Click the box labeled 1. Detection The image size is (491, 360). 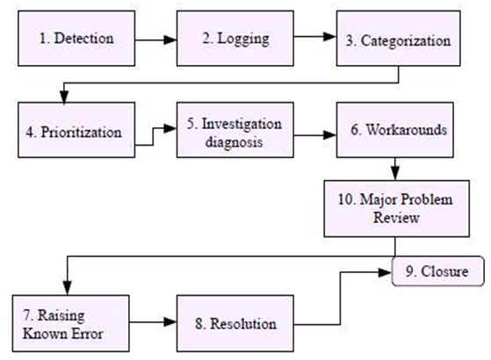point(76,38)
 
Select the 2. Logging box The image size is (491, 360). point(235,38)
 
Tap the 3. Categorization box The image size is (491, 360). point(398,38)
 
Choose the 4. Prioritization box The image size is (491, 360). point(76,130)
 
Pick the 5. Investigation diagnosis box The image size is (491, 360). point(235,130)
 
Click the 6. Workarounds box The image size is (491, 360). point(395,130)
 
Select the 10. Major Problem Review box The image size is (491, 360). point(396,208)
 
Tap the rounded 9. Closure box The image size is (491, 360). point(438,271)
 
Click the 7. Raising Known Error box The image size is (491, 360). point(71,323)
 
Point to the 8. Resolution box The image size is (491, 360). point(235,323)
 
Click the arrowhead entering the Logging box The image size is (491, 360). point(170,40)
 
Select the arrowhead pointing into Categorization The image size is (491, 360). point(330,37)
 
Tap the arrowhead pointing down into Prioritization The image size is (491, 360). point(64,97)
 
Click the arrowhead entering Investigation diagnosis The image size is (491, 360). point(170,128)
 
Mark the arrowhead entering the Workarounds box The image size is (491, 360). point(330,135)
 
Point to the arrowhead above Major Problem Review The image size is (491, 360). point(395,174)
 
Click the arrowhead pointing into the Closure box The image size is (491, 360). point(386,272)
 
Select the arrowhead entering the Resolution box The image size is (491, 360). point(170,322)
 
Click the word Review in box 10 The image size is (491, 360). point(396,218)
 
